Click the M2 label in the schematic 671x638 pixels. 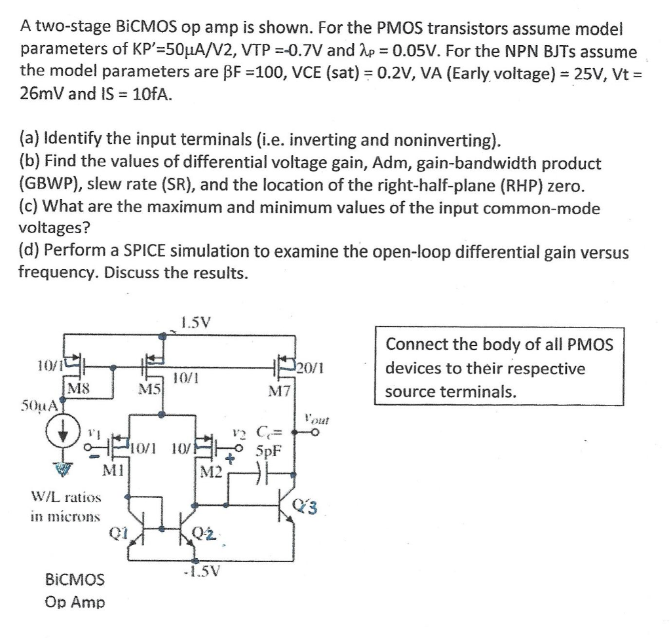[213, 472]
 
